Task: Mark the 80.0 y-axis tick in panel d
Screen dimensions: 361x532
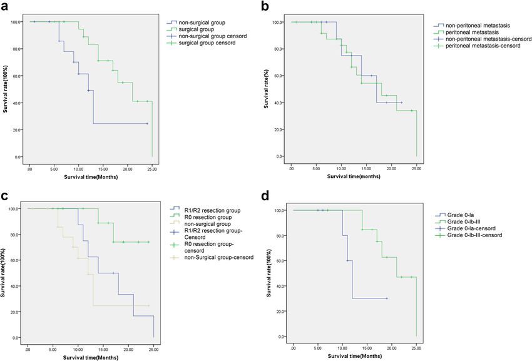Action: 282,236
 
